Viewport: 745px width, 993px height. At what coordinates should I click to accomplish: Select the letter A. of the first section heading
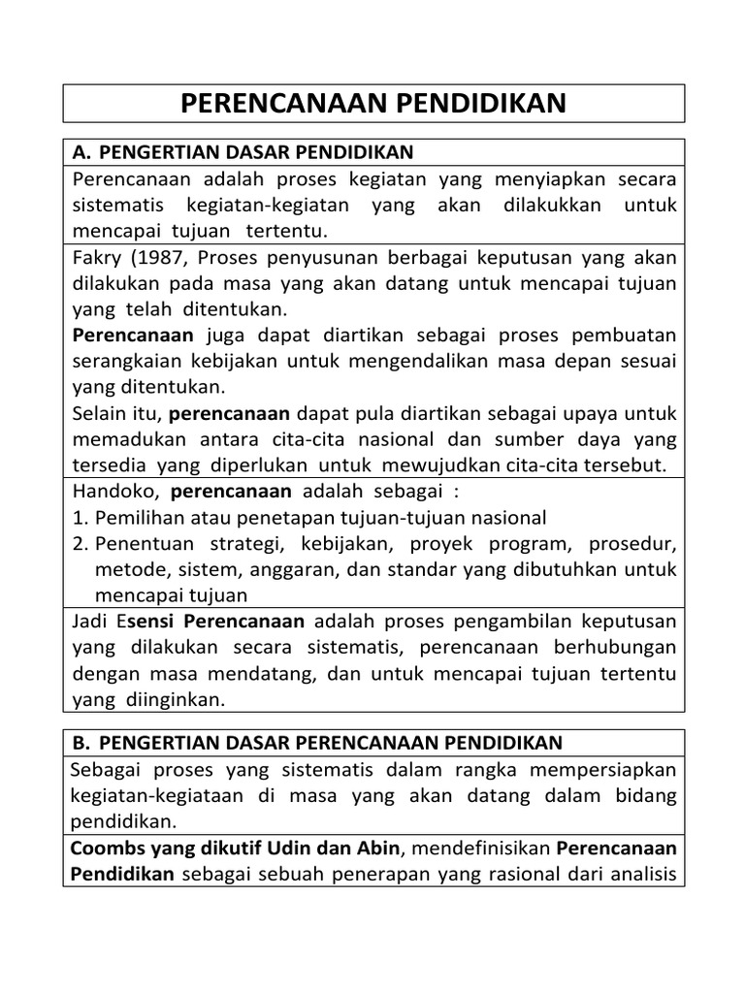click(81, 153)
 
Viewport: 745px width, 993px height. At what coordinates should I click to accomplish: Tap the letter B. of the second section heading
click(81, 743)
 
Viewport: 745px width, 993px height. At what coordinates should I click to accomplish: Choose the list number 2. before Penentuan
click(81, 543)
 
